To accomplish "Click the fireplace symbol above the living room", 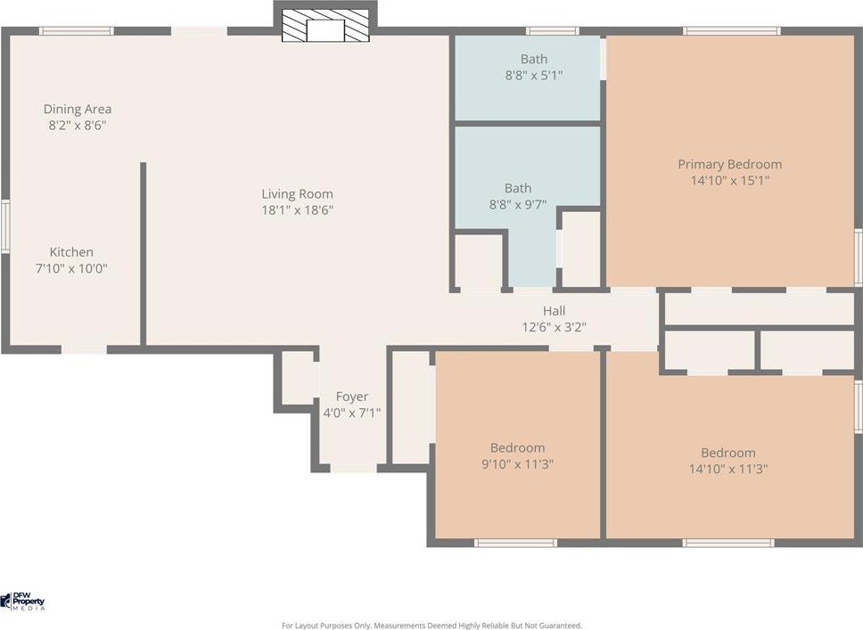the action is click(x=325, y=25).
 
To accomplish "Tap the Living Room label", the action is click(x=297, y=193).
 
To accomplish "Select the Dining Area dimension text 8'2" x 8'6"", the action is click(x=77, y=125).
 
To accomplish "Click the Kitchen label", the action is click(x=71, y=252).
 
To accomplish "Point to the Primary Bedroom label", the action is click(x=730, y=164).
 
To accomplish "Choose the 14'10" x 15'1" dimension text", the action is click(x=730, y=180).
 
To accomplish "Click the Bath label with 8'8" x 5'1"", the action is click(x=534, y=59).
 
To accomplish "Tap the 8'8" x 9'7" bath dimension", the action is click(x=518, y=205).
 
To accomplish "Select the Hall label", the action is click(x=555, y=311).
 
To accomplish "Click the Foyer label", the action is click(x=352, y=397).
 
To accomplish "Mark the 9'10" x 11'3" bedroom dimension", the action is click(x=517, y=464).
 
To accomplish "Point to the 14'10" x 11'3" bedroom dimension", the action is click(x=728, y=469).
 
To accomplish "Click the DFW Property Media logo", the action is click(x=22, y=601).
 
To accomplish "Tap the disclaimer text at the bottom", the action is click(x=431, y=626).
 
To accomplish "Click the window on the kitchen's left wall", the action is click(x=5, y=226).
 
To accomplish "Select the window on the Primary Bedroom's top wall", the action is click(x=732, y=31).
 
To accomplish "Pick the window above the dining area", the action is click(x=77, y=31).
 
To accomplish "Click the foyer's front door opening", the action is click(x=353, y=468).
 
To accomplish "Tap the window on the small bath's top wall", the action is click(x=552, y=31).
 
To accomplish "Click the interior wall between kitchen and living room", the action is click(x=144, y=254).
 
